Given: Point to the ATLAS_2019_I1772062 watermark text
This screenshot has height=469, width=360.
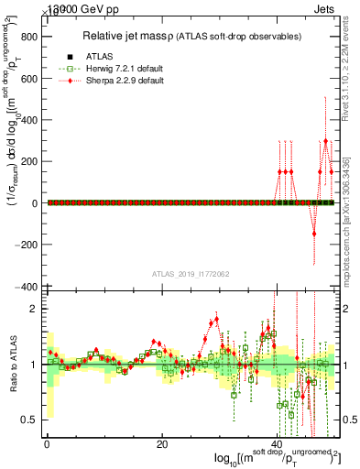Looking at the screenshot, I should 190,274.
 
